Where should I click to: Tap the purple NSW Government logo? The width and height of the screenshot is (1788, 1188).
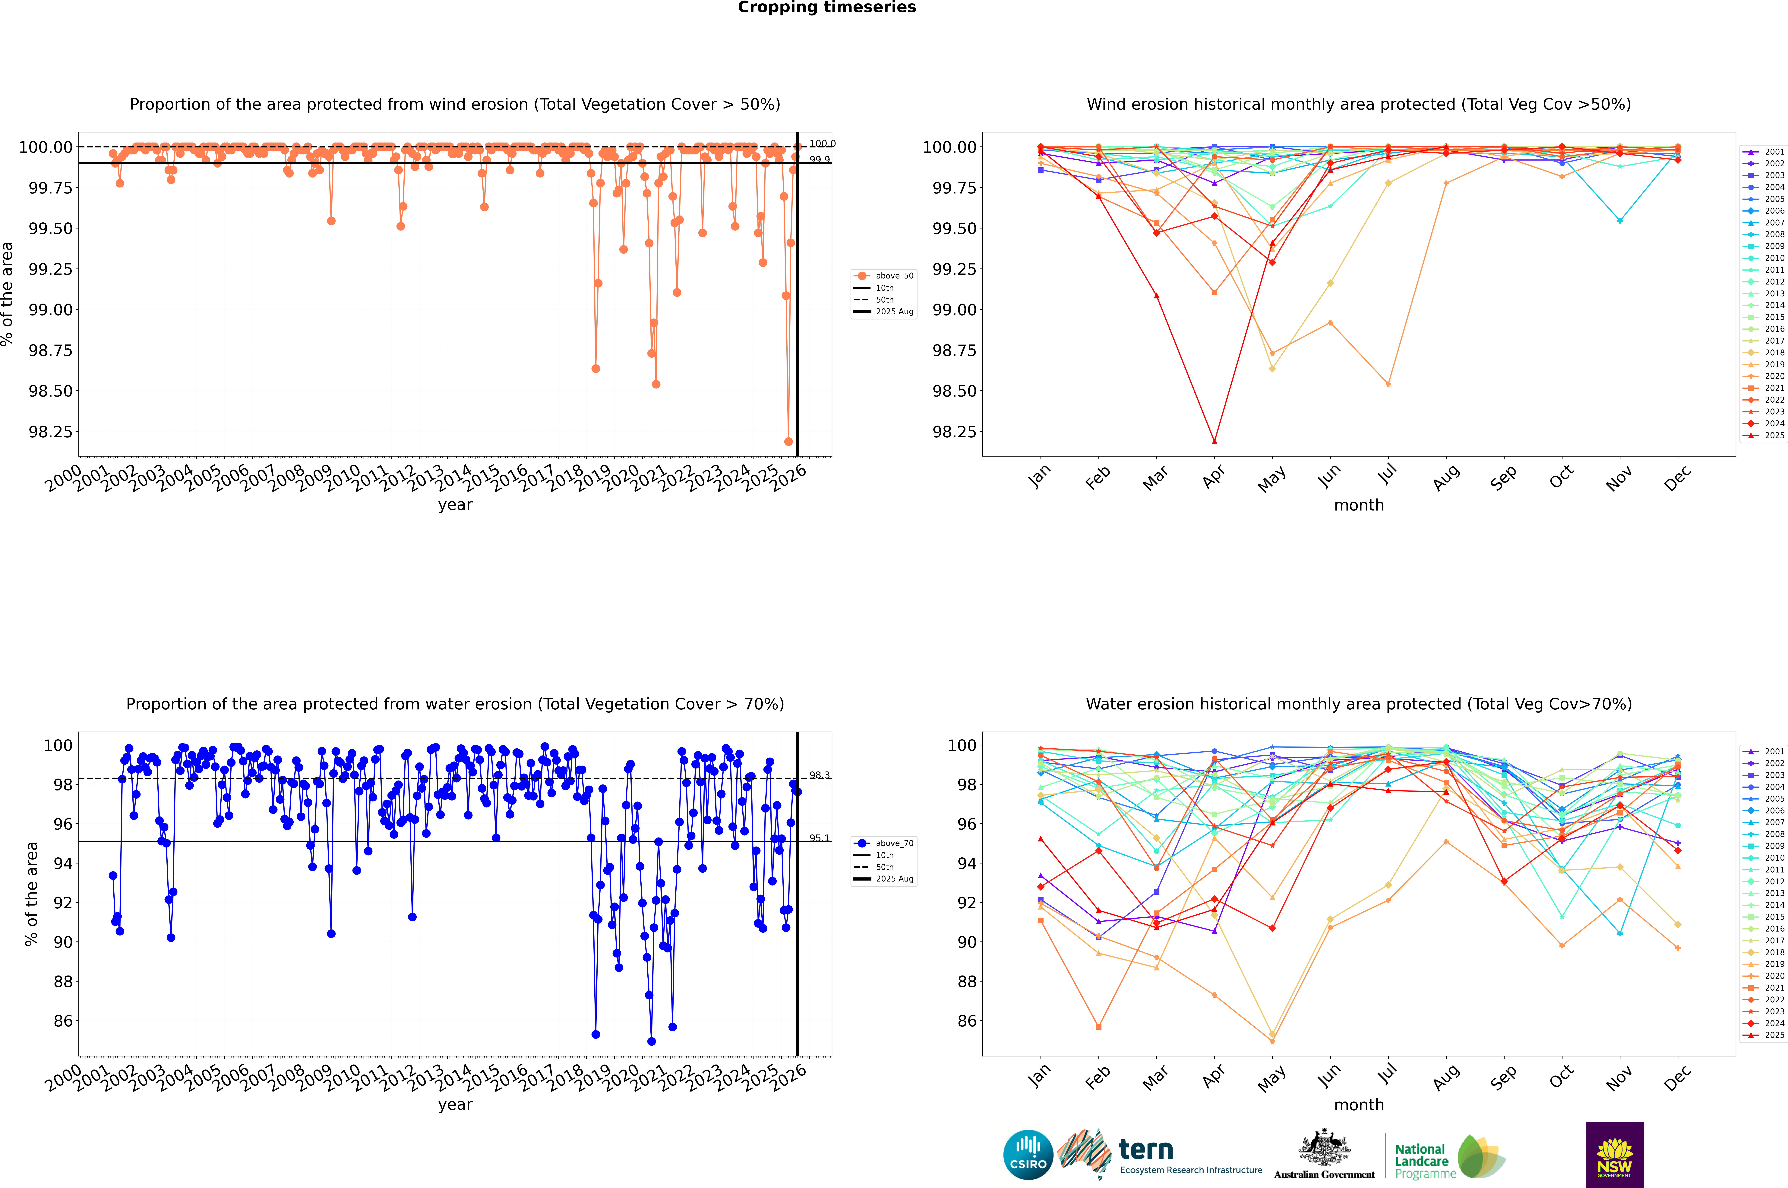[1614, 1155]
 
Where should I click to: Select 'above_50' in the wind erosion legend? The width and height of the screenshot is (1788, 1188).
[894, 276]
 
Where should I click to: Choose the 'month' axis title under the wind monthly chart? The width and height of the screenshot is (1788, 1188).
[1358, 505]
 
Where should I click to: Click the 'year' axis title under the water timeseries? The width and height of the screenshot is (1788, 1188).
[455, 1105]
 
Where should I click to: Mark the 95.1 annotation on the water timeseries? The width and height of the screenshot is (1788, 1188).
[819, 838]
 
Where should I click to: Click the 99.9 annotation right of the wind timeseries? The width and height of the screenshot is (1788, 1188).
[819, 160]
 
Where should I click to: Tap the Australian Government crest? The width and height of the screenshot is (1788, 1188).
[1323, 1150]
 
